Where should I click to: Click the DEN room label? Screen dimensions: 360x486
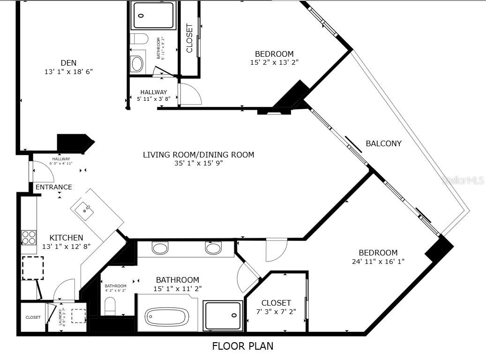point(68,63)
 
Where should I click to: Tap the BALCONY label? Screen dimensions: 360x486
point(383,143)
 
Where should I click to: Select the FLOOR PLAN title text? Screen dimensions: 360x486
point(242,346)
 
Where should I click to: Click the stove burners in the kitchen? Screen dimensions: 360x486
point(29,237)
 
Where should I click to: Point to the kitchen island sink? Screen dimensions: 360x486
point(87,211)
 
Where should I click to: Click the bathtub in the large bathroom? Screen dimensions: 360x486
point(167,317)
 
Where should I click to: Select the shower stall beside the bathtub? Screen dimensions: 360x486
point(223,316)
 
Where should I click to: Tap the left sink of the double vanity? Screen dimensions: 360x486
point(160,247)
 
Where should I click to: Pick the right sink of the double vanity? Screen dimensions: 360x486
point(213,247)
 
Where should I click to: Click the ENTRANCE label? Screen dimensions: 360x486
point(54,187)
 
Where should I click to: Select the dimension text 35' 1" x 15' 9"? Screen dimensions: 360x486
point(198,163)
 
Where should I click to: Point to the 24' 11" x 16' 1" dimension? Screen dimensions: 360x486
point(378,261)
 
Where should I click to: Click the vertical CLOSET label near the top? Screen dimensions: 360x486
point(189,38)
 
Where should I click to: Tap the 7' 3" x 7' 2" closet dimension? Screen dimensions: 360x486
point(276,311)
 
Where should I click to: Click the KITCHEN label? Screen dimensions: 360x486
point(66,238)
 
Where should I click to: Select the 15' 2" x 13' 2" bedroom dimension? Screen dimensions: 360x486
point(274,62)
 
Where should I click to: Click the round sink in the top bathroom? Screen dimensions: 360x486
point(137,63)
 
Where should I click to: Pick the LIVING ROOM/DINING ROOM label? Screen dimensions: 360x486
point(198,155)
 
